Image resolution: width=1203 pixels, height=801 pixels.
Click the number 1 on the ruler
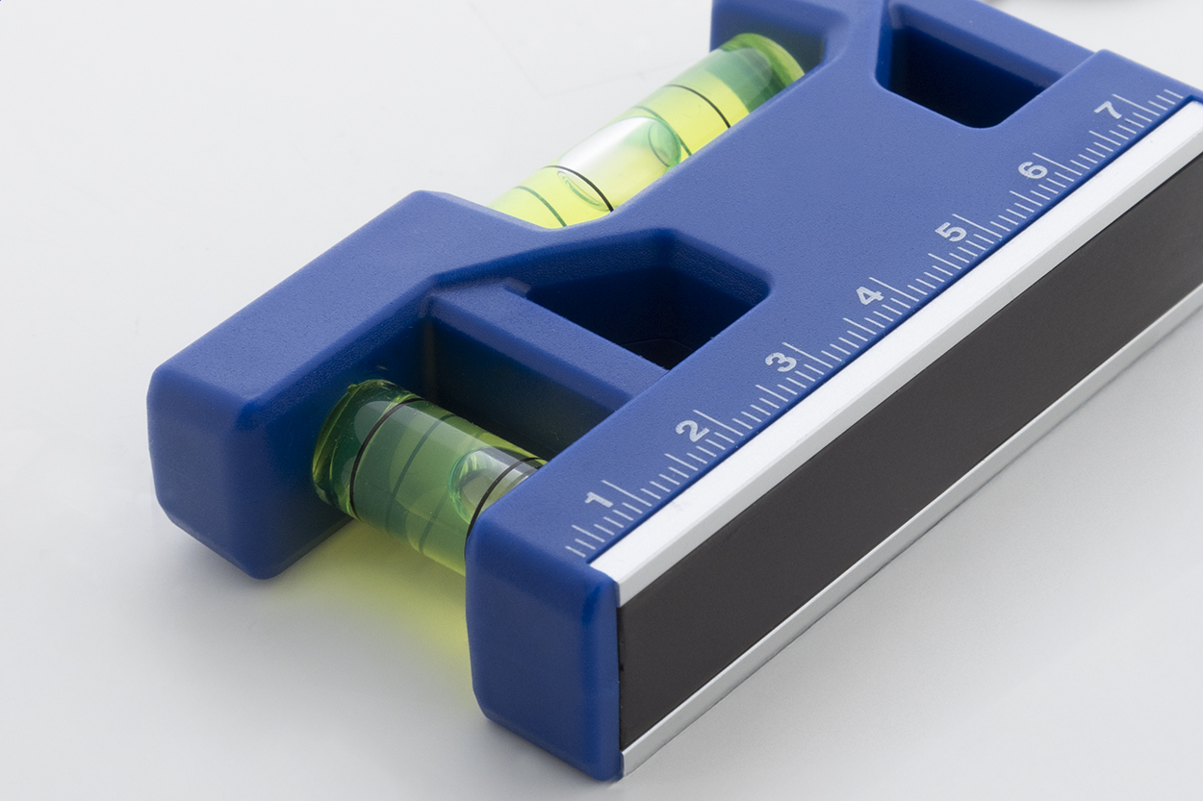598,501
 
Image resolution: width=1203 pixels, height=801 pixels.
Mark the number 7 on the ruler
1110,111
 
